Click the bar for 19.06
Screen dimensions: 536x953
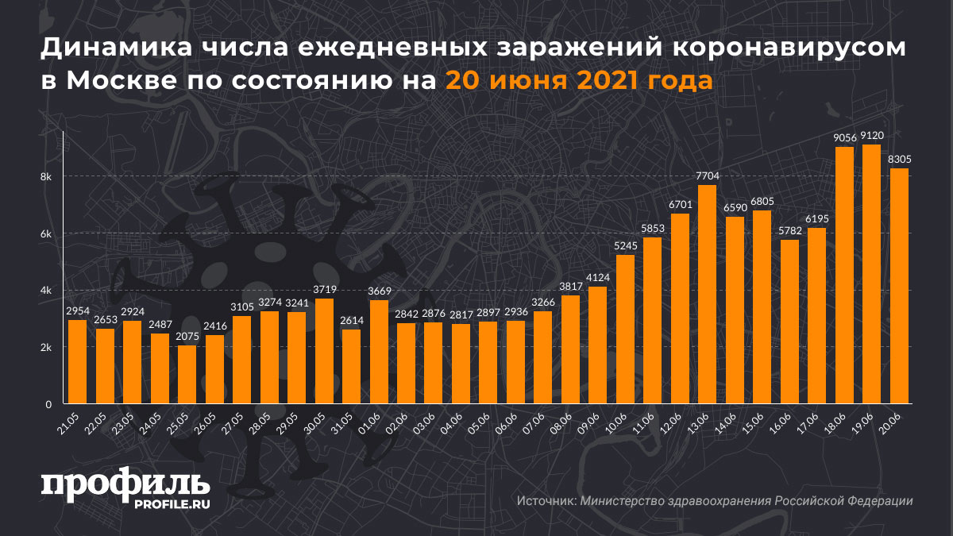click(872, 274)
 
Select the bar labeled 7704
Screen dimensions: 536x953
click(707, 295)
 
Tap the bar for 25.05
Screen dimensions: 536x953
click(187, 375)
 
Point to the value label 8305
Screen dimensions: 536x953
click(899, 159)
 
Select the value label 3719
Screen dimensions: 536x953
click(324, 290)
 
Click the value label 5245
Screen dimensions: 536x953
click(625, 246)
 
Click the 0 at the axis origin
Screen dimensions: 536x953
click(48, 404)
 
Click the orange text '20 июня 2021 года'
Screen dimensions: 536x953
click(577, 81)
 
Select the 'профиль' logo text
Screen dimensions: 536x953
click(125, 485)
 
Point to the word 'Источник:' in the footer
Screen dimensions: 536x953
click(546, 501)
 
